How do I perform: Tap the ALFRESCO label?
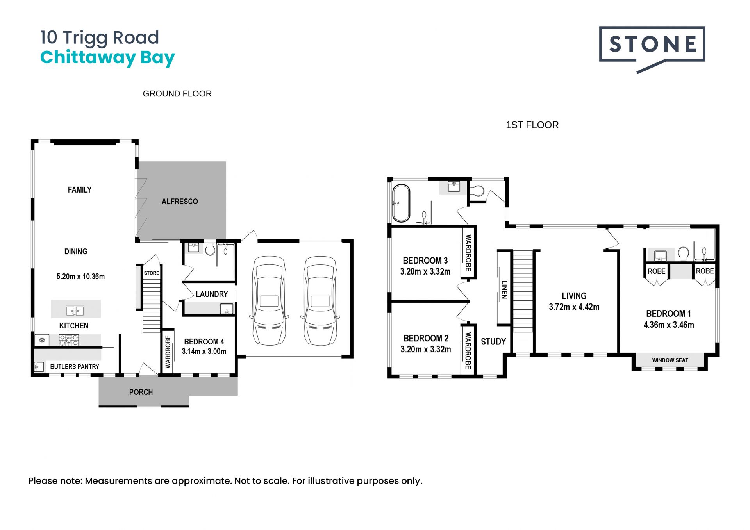(180, 202)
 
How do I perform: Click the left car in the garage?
(269, 300)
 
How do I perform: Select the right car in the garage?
(320, 300)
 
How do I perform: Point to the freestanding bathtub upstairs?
(401, 203)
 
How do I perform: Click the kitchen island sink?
(75, 311)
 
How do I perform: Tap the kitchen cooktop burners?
(69, 340)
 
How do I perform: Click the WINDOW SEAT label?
(670, 360)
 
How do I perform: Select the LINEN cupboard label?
(504, 289)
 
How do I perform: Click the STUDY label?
(493, 342)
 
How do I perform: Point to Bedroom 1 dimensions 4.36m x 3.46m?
(669, 325)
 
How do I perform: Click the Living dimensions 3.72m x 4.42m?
(574, 307)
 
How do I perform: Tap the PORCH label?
(141, 392)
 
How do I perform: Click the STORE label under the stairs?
(152, 273)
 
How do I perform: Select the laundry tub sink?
(227, 309)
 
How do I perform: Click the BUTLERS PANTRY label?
(75, 367)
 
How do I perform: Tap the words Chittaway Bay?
(107, 58)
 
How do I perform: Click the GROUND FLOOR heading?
(177, 94)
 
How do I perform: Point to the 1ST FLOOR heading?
(532, 125)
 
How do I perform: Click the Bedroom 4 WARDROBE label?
(168, 352)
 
